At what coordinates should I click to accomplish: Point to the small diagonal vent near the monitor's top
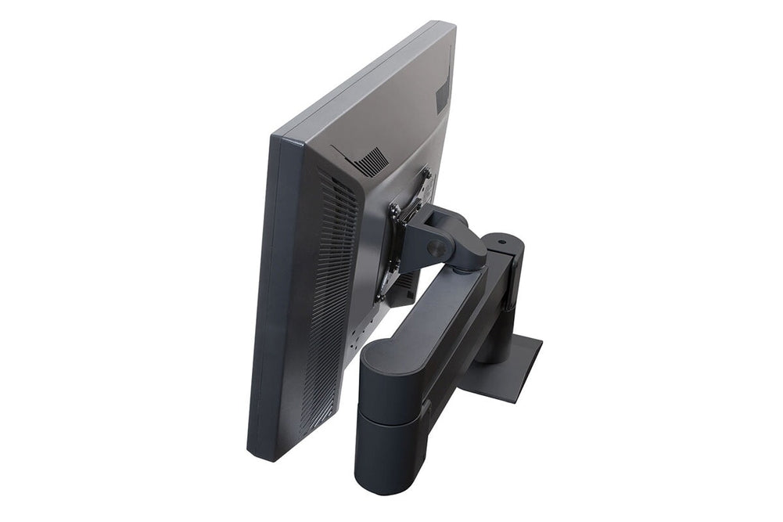pyautogui.click(x=369, y=160)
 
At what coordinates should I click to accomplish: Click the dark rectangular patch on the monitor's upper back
pyautogui.click(x=442, y=97)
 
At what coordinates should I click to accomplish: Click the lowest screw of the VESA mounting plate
pyautogui.click(x=380, y=297)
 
